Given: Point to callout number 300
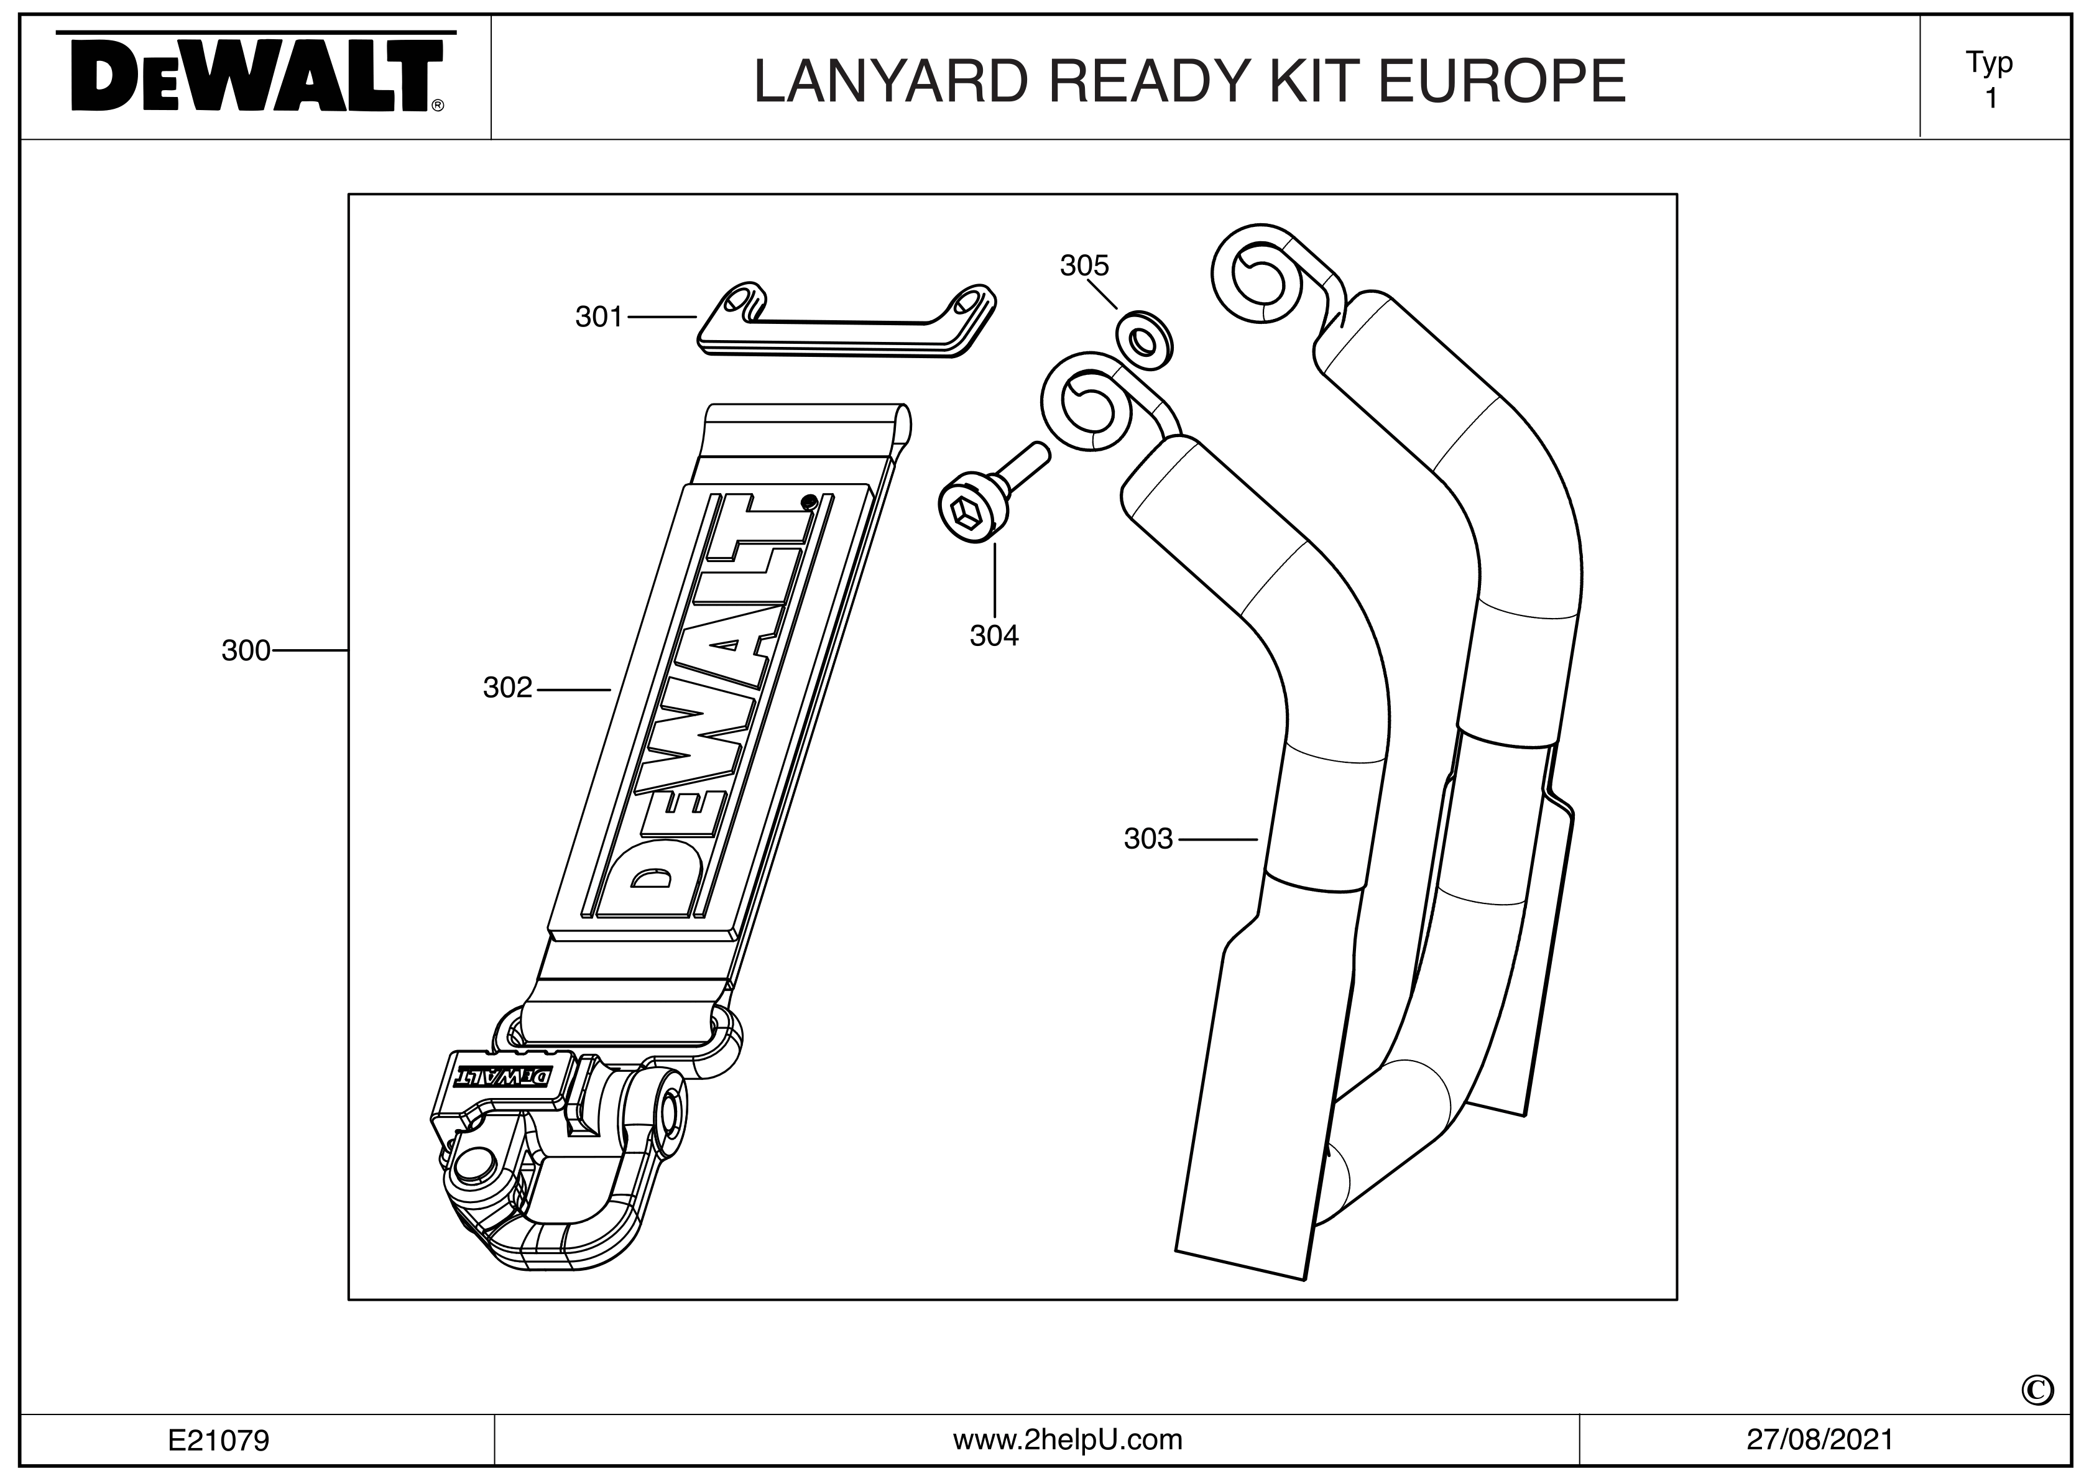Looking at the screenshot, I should point(246,650).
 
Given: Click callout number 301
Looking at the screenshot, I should point(598,316).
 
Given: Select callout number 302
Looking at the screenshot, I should point(507,688).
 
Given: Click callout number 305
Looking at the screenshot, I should point(1084,265).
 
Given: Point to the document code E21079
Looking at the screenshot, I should point(218,1440).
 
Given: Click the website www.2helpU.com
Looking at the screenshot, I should point(1067,1439).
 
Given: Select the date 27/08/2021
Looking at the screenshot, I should point(1819,1439).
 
